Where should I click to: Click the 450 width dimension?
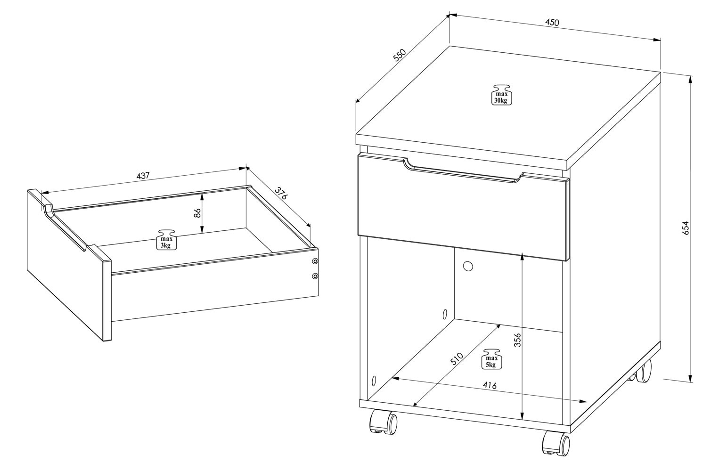tap(552, 22)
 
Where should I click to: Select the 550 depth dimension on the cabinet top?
tap(400, 55)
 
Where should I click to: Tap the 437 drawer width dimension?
tap(143, 176)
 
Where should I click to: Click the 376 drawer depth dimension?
tap(281, 193)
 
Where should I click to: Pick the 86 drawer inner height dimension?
tap(197, 212)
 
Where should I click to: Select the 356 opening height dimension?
tap(517, 340)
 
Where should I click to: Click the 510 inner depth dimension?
tap(457, 358)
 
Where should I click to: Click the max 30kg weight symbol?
tap(501, 95)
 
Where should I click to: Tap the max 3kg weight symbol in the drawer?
tap(166, 239)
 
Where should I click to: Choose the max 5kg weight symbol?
tap(492, 359)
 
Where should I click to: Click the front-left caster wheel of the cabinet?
tap(384, 422)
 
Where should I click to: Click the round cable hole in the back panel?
tap(467, 266)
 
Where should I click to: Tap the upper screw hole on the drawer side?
tap(315, 261)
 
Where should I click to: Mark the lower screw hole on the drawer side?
tap(315, 276)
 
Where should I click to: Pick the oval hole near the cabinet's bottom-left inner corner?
tap(374, 381)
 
